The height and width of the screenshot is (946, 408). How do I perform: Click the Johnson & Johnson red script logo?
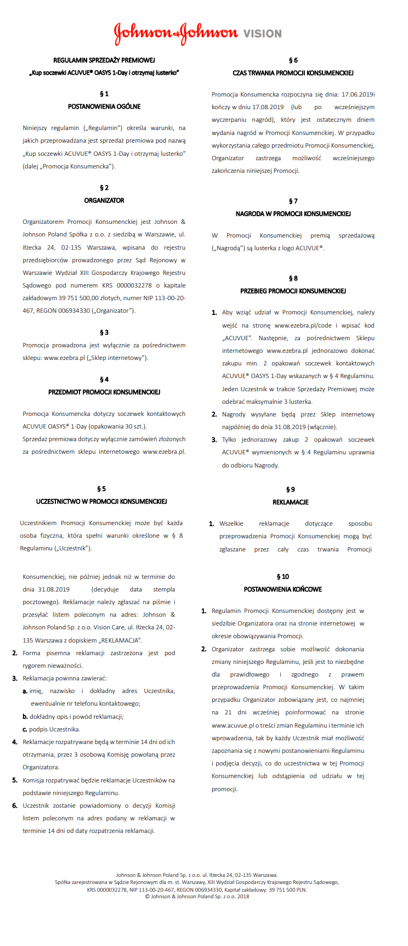pyautogui.click(x=175, y=33)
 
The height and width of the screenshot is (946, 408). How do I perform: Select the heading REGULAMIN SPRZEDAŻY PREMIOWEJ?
pyautogui.click(x=104, y=60)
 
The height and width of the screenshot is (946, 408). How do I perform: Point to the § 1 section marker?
pyautogui.click(x=104, y=94)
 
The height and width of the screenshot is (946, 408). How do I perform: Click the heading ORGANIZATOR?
pyautogui.click(x=104, y=200)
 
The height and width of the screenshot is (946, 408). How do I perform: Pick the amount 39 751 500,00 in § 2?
pyautogui.click(x=78, y=298)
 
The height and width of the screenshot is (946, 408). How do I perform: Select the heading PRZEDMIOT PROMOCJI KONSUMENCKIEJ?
pyautogui.click(x=104, y=392)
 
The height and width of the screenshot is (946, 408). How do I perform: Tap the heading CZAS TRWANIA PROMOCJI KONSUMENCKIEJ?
pyautogui.click(x=293, y=72)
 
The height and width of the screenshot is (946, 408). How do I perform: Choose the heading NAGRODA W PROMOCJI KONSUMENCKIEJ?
pyautogui.click(x=293, y=213)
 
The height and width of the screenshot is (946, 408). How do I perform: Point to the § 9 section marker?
pyautogui.click(x=291, y=489)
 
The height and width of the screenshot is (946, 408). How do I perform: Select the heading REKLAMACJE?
pyautogui.click(x=291, y=502)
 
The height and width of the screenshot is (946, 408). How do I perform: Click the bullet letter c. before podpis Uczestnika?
pyautogui.click(x=25, y=729)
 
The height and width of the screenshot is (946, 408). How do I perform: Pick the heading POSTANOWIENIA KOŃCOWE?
pyautogui.click(x=283, y=589)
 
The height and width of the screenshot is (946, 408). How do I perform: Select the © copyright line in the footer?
pyautogui.click(x=197, y=897)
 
